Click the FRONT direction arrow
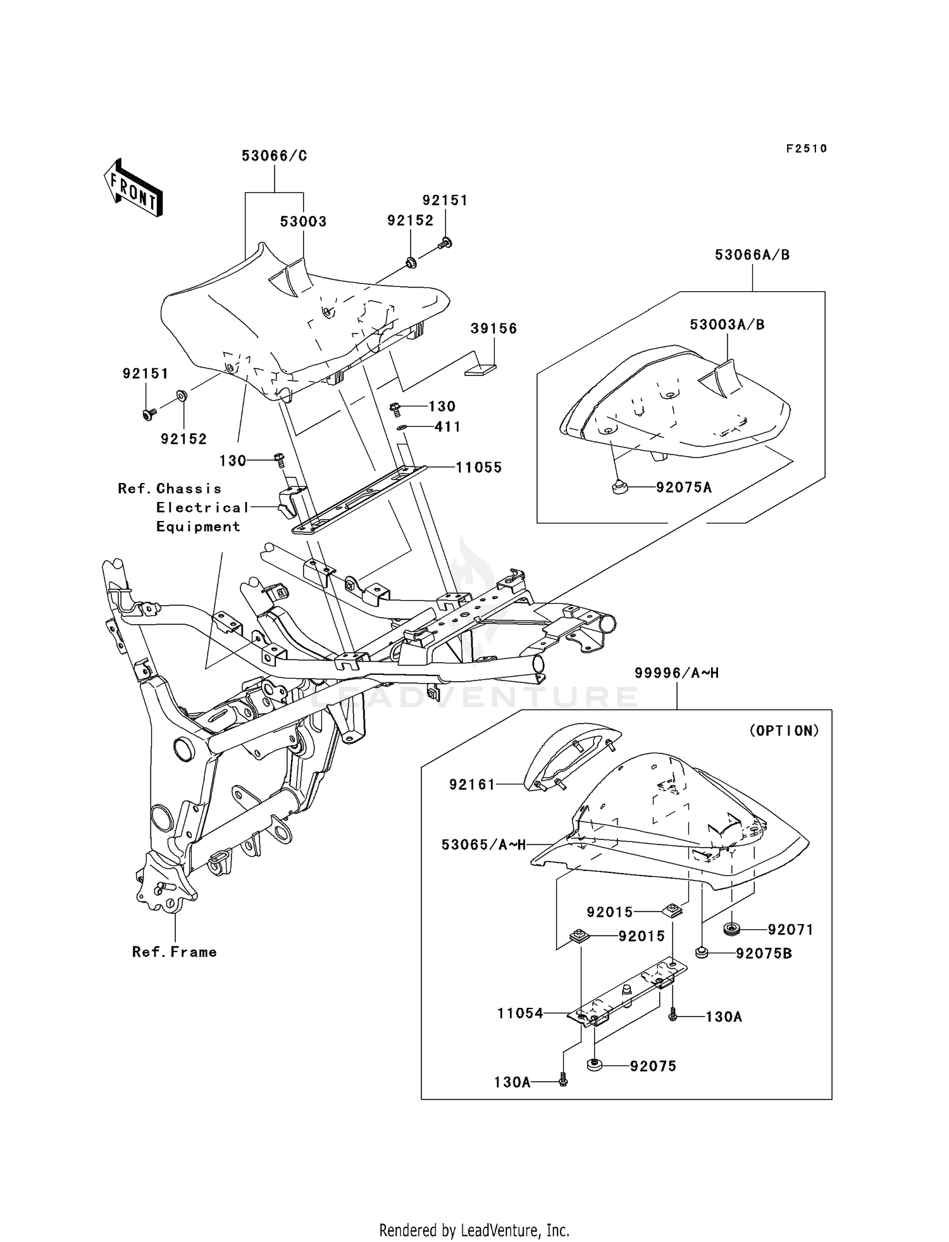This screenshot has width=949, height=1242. click(x=133, y=189)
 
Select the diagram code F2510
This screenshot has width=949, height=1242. click(x=806, y=149)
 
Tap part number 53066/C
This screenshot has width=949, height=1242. click(x=274, y=156)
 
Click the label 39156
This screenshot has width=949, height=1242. click(x=493, y=329)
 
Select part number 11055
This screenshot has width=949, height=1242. click(x=479, y=468)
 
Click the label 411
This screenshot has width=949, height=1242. click(x=447, y=427)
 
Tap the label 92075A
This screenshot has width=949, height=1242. click(x=684, y=487)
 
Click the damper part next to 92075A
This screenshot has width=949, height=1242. click(x=619, y=487)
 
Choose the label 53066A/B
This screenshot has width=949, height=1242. click(x=752, y=255)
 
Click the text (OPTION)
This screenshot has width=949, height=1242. click(x=784, y=731)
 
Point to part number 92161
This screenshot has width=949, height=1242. click(x=472, y=785)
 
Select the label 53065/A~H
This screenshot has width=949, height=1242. click(x=483, y=844)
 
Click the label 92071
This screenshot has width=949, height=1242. click(x=790, y=930)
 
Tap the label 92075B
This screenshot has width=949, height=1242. click(x=764, y=953)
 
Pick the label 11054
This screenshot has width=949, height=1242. click(x=520, y=1013)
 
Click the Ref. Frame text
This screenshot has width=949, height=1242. click(x=175, y=952)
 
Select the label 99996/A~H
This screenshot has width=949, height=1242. click(x=676, y=674)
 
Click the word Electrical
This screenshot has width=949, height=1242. click(x=202, y=508)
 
